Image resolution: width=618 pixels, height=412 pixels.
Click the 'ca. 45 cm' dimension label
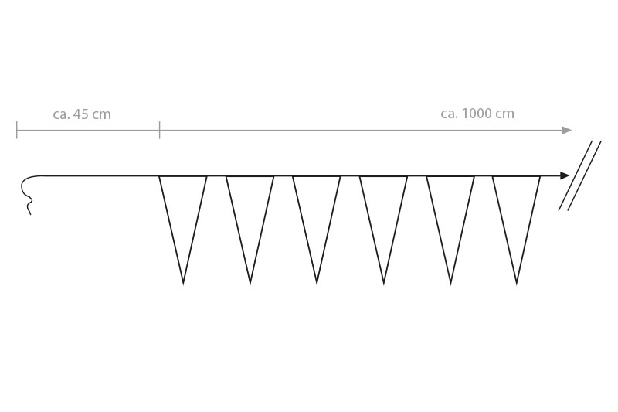82,114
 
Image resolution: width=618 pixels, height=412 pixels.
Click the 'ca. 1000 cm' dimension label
477,114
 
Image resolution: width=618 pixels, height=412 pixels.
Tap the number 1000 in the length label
477,114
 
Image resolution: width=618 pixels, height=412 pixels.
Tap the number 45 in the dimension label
81,114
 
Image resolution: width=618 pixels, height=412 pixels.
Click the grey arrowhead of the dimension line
567,131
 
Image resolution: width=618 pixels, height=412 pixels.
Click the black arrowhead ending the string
565,175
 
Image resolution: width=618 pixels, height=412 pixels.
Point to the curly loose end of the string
28,195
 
